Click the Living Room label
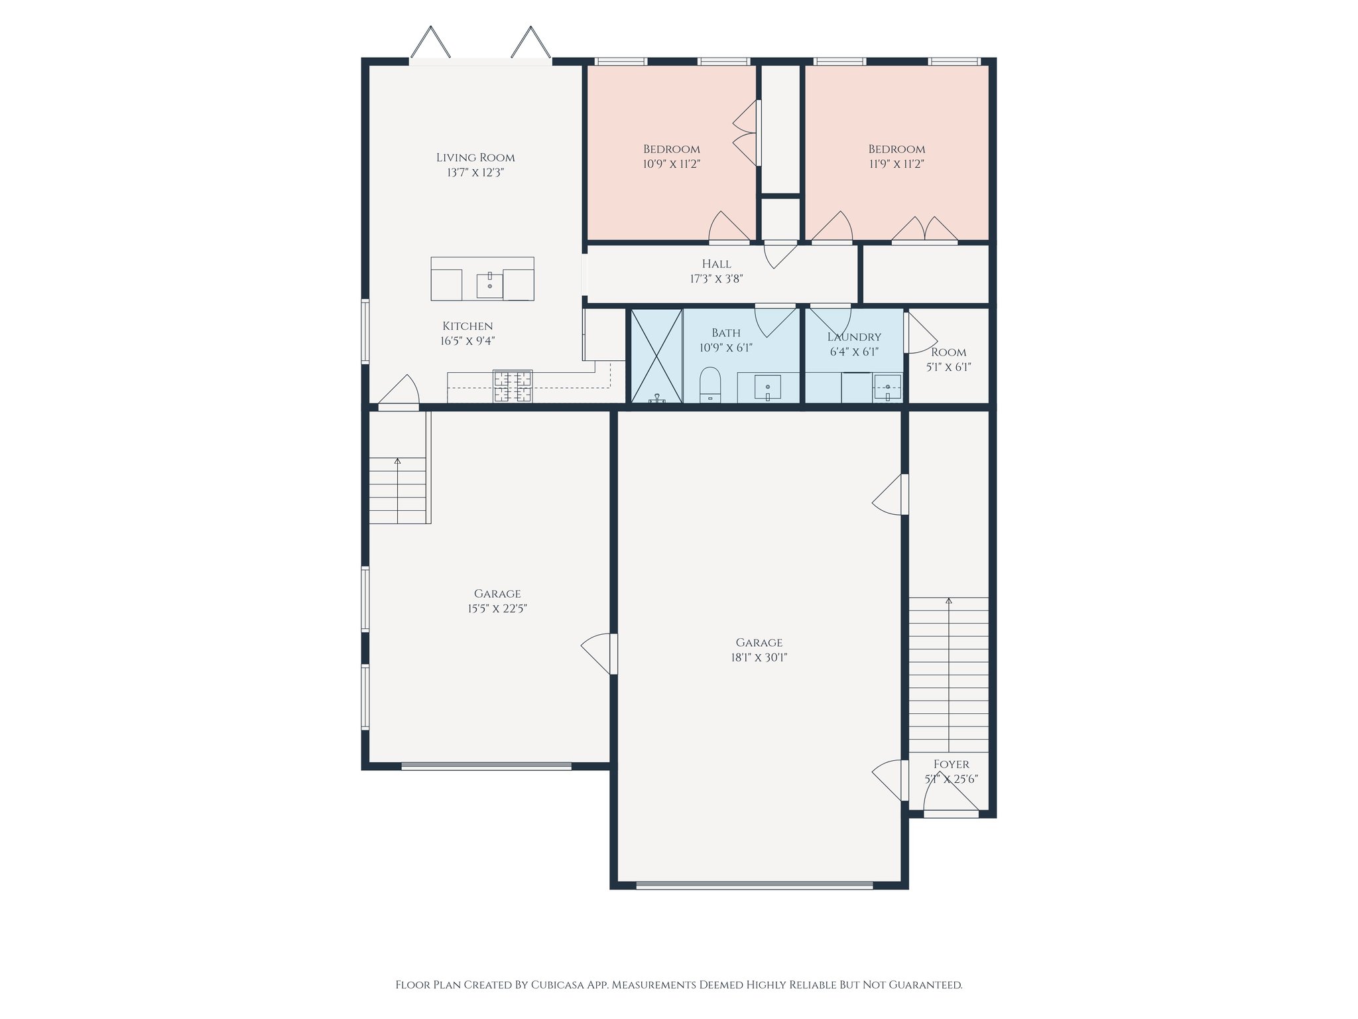[475, 158]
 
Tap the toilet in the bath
[710, 385]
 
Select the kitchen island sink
[489, 285]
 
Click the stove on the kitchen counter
[513, 386]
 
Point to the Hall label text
[716, 264]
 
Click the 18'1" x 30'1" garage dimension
[759, 657]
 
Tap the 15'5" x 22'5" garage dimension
[497, 608]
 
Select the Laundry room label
[854, 337]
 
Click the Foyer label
[951, 764]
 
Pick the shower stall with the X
[656, 356]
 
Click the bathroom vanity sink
[768, 387]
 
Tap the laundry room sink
[887, 387]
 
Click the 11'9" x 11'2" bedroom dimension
[896, 164]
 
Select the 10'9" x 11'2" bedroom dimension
[672, 164]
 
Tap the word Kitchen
[467, 326]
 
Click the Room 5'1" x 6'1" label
[948, 360]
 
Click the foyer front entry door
[951, 813]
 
